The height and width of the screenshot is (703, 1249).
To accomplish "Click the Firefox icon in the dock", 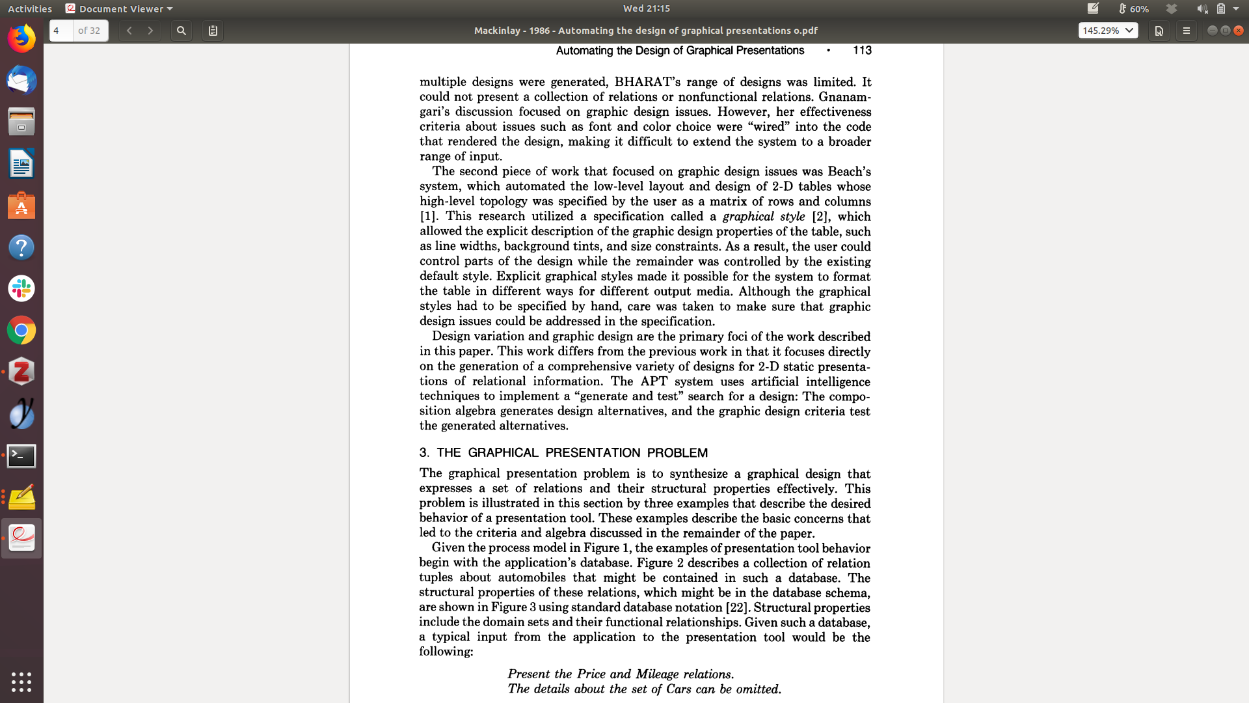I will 21,38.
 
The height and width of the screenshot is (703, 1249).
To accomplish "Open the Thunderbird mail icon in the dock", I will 21,81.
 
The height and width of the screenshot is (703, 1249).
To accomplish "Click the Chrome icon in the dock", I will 21,331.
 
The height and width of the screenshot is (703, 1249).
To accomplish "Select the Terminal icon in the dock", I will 21,456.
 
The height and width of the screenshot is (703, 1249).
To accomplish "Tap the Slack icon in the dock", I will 21,288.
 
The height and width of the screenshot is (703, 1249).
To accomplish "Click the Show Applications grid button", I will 21,682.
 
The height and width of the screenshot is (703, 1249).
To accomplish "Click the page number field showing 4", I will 61,31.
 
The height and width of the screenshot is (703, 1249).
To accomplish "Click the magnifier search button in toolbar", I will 181,31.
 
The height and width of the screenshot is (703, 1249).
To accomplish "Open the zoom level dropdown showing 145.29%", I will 1108,31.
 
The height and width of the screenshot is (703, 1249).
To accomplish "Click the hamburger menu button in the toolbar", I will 1186,31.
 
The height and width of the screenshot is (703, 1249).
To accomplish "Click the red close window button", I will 1239,31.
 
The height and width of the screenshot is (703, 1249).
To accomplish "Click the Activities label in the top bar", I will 30,8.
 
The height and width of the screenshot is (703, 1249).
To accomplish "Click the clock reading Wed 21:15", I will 646,8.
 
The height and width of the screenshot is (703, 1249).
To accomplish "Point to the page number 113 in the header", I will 862,51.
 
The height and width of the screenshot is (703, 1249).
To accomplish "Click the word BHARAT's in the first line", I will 643,82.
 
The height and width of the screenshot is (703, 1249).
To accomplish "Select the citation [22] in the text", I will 736,607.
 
